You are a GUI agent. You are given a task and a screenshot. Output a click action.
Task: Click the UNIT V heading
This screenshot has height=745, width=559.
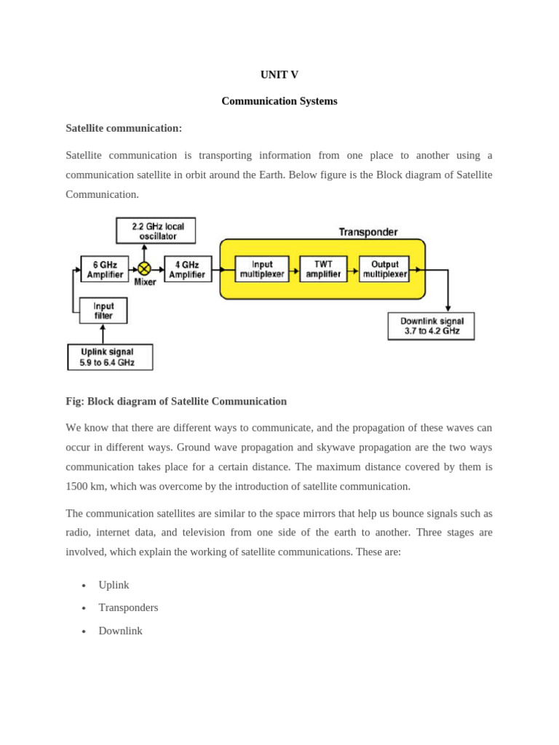[279, 75]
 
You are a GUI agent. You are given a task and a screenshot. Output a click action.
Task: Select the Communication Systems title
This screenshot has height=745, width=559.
[279, 101]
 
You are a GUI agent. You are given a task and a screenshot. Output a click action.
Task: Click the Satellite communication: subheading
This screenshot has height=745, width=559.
[124, 128]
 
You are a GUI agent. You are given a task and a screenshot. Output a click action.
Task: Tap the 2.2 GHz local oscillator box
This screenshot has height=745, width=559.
[156, 231]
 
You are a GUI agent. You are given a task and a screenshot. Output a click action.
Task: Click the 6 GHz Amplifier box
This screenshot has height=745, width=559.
[105, 269]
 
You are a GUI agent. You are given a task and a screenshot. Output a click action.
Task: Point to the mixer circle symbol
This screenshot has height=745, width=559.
[144, 269]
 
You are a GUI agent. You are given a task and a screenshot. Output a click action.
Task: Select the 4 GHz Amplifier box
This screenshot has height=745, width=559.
[188, 269]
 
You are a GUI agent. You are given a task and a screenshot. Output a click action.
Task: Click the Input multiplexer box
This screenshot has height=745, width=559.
[262, 269]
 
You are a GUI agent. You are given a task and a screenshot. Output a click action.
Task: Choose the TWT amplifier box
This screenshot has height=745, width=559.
[323, 269]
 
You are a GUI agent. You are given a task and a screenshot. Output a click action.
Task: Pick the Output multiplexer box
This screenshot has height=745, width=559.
[384, 269]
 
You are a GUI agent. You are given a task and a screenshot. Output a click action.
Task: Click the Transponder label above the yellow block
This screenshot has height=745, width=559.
[368, 232]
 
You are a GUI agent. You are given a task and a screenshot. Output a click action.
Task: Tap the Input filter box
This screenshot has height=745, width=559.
[103, 311]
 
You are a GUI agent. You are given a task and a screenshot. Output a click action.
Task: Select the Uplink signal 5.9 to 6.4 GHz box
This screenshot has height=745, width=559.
[110, 357]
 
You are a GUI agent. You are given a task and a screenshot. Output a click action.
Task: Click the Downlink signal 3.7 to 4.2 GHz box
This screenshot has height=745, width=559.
[431, 326]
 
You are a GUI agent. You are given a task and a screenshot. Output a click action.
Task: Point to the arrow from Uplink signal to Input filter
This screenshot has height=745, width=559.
[103, 334]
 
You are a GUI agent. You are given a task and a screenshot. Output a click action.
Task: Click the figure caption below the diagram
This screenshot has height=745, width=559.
[176, 401]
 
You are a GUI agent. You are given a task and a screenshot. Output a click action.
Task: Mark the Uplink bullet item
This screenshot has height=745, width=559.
[114, 585]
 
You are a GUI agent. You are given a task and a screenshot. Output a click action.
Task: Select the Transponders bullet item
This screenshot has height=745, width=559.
[128, 607]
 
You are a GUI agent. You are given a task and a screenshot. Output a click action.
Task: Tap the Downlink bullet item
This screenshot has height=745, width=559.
[120, 631]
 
